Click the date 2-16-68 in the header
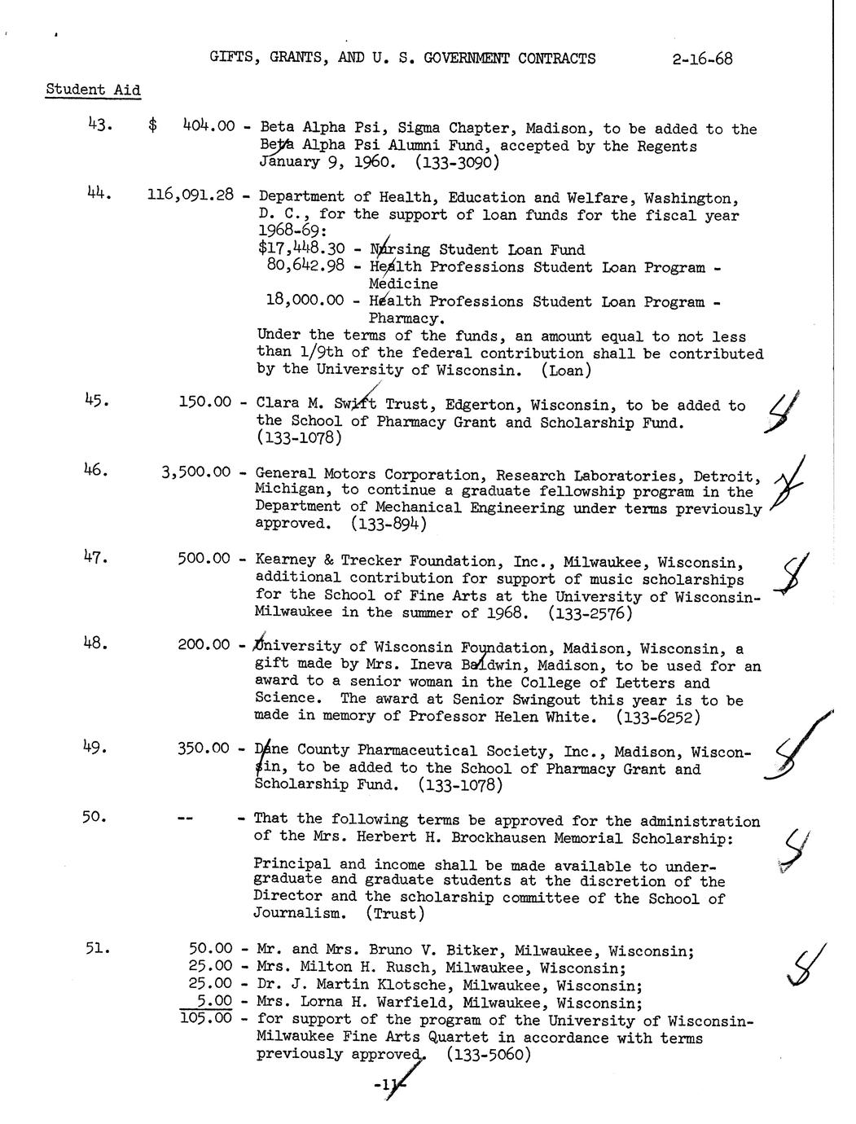(702, 59)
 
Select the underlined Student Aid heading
(93, 90)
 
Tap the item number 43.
(99, 125)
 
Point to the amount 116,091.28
(191, 195)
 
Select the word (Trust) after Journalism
(394, 914)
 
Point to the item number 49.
(94, 747)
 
